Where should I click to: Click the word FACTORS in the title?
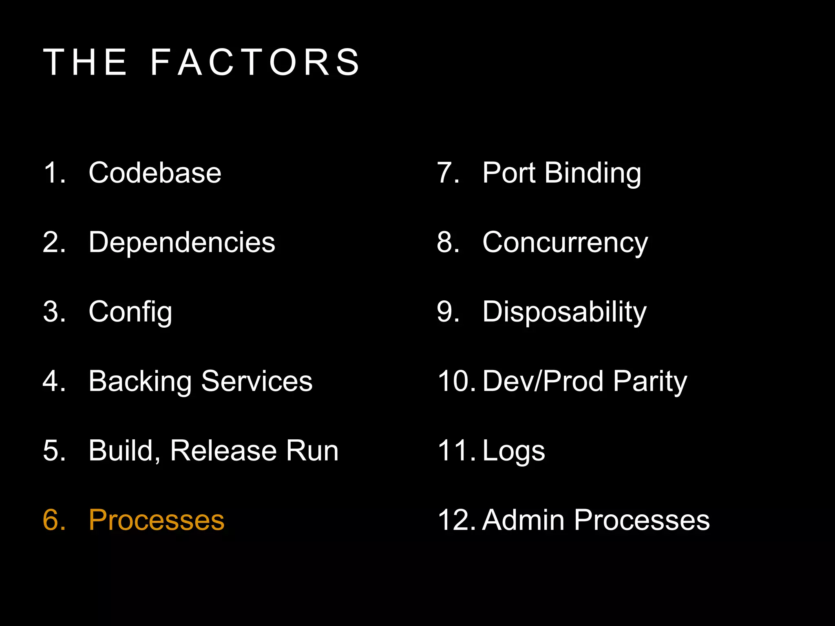click(x=255, y=62)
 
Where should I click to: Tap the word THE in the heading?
click(x=85, y=62)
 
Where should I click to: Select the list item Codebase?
click(x=155, y=173)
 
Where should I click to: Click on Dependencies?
click(x=182, y=242)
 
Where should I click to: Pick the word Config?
click(x=130, y=312)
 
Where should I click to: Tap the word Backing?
click(x=140, y=382)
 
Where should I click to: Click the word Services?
click(x=257, y=381)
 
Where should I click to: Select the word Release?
click(x=223, y=451)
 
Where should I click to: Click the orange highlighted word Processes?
click(x=157, y=520)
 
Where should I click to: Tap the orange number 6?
click(x=53, y=520)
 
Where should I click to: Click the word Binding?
click(x=593, y=174)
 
